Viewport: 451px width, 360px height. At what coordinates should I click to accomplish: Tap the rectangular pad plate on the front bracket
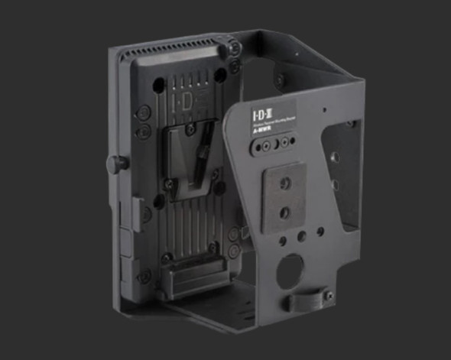click(x=284, y=200)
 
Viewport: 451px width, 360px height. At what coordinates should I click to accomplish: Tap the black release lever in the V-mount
click(x=200, y=161)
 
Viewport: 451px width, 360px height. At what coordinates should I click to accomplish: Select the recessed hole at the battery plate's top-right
click(x=220, y=75)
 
